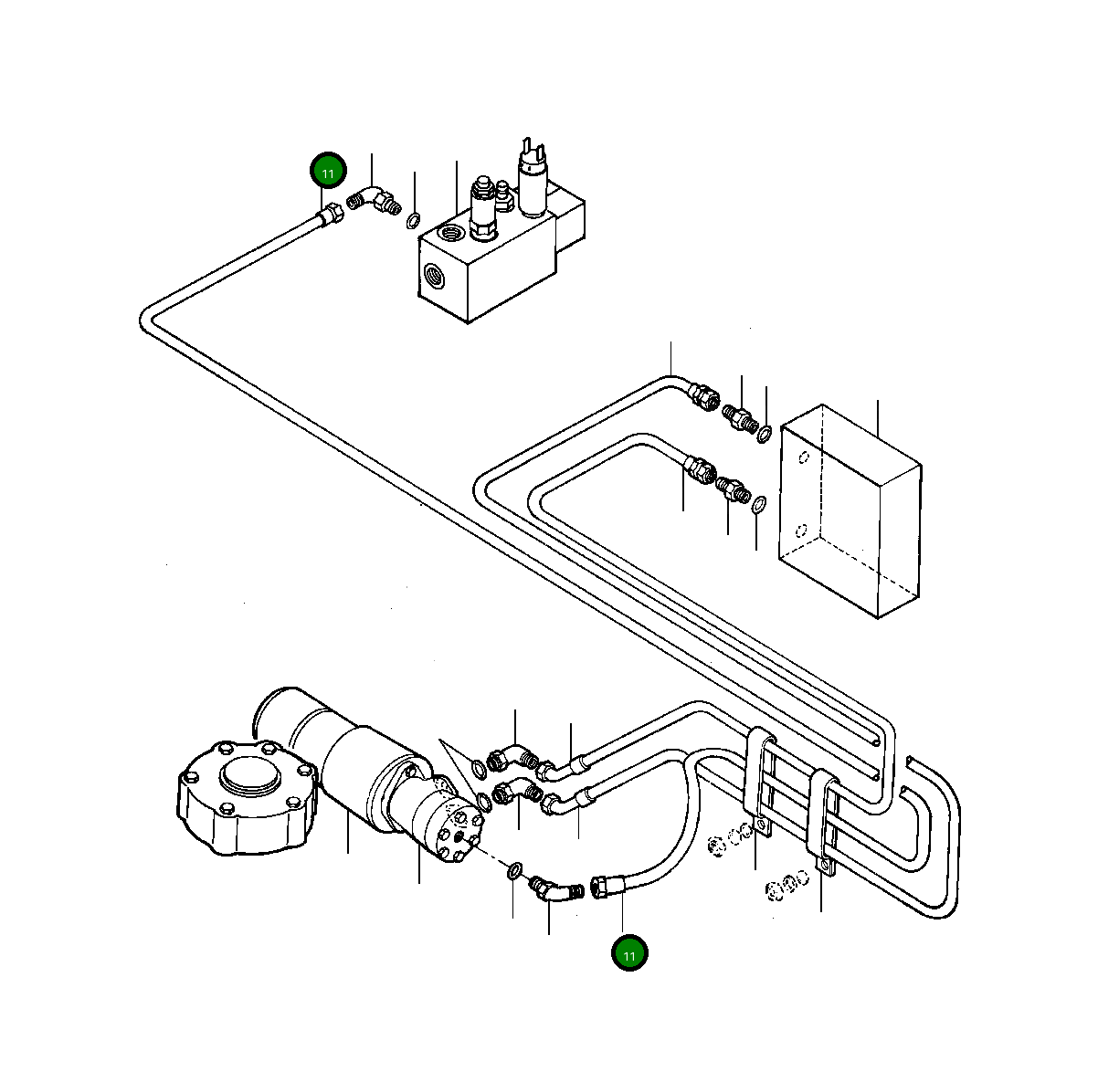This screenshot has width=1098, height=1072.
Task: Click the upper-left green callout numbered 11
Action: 328,171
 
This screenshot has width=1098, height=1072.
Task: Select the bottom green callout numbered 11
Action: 629,953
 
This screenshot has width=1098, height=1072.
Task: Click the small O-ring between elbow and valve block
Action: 413,220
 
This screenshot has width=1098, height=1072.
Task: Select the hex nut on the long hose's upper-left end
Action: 331,215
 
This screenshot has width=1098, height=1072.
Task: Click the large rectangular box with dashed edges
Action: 850,510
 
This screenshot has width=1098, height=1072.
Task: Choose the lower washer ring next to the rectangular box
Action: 759,504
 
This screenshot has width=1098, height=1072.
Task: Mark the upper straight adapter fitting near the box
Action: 740,418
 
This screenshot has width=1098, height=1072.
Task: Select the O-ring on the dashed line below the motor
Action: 514,871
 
